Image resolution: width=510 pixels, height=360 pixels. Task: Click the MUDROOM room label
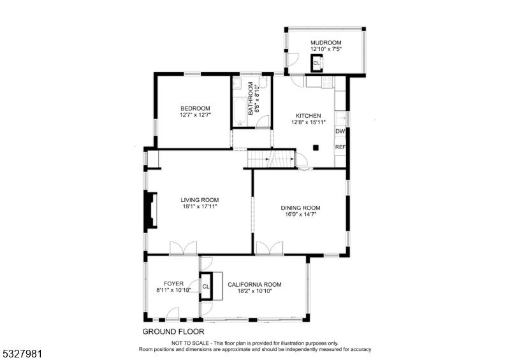point(326,42)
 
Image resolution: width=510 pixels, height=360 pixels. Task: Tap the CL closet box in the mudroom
point(316,63)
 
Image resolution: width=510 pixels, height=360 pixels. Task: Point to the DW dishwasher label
point(340,131)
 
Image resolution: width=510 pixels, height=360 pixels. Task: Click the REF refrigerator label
point(340,147)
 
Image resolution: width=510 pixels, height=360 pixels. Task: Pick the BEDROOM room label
point(195,108)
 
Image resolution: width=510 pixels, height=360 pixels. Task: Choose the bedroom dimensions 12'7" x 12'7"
point(195,115)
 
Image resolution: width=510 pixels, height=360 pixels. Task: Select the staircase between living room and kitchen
point(271,158)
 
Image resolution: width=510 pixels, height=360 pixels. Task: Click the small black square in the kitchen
point(316,148)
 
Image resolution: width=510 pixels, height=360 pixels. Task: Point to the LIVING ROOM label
point(200,199)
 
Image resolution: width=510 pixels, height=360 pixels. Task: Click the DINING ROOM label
point(300,208)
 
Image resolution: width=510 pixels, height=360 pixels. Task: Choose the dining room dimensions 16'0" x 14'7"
point(300,215)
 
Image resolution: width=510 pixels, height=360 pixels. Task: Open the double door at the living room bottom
point(183,248)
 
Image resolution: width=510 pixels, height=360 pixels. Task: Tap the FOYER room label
point(173,284)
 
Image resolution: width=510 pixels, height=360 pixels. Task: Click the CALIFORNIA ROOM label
point(254,284)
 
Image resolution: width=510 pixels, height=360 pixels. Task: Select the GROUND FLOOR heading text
point(173,331)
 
